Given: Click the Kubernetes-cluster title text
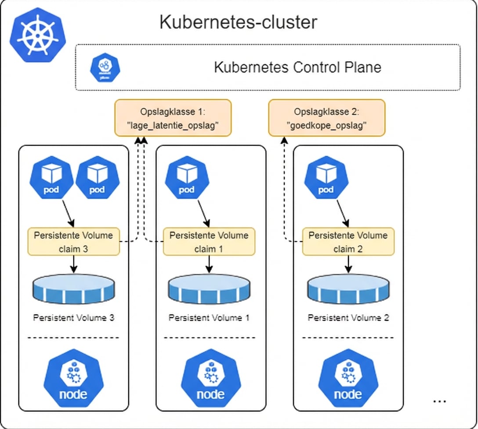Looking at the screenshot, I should click(x=238, y=22).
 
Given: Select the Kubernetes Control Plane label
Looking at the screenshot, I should click(x=297, y=67).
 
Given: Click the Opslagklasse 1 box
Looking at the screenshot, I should click(x=173, y=117).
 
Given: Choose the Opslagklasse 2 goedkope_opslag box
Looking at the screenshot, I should click(x=326, y=117).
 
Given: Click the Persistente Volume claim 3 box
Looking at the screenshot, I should click(x=74, y=241).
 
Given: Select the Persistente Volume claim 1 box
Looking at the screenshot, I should click(x=209, y=241).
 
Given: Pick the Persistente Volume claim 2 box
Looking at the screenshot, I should click(x=348, y=241).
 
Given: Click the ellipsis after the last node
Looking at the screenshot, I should click(x=439, y=401).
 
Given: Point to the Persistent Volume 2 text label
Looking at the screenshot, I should click(x=348, y=317).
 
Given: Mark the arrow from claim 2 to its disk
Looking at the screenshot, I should click(x=348, y=264).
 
